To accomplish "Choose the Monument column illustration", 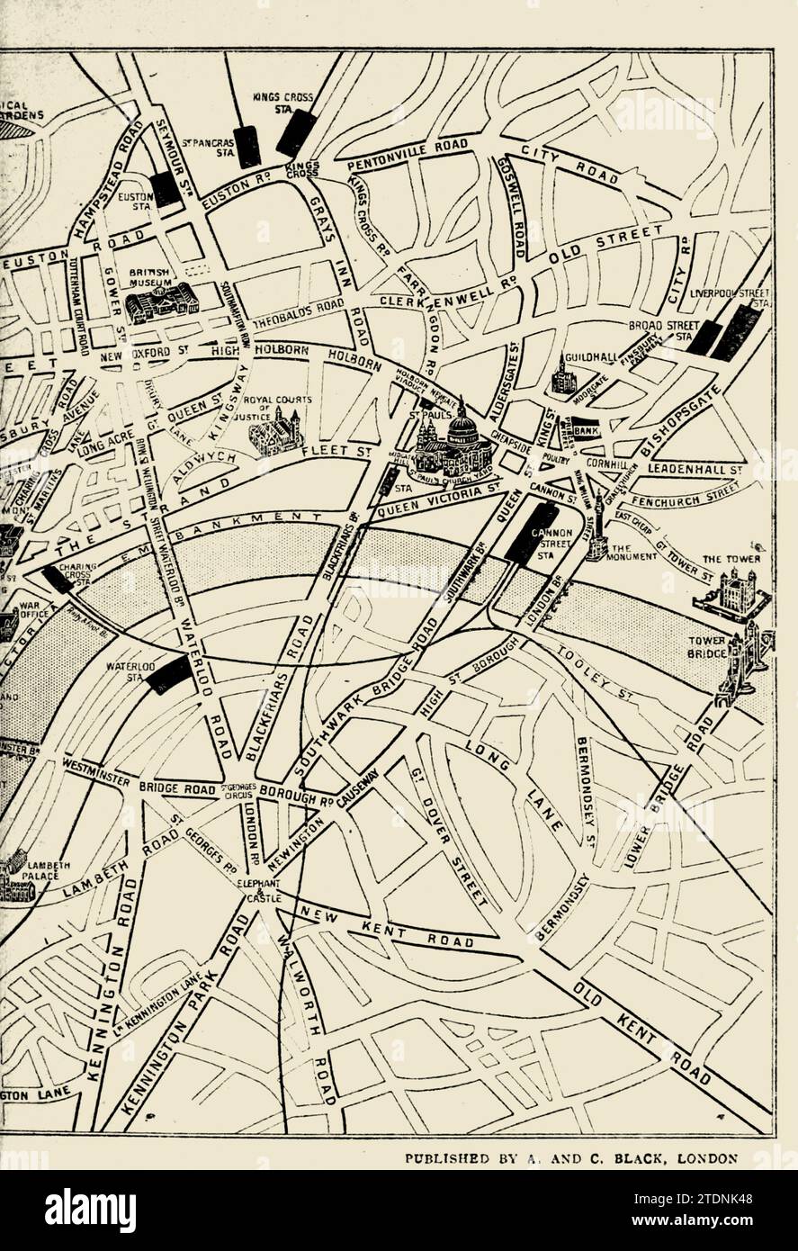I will coord(595,527).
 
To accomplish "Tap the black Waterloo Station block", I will coord(170,673).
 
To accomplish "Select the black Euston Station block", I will coord(166,189).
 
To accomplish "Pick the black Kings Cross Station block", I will coord(295,133).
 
